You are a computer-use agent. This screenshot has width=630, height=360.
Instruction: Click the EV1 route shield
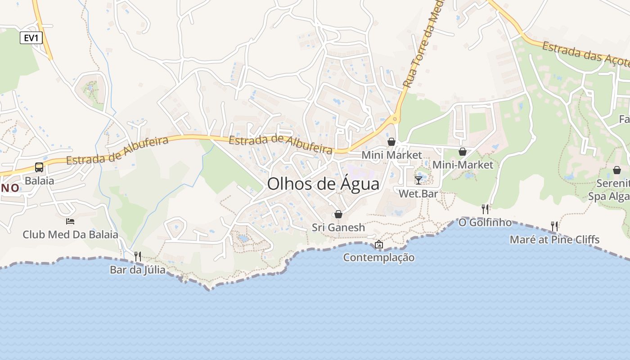31,38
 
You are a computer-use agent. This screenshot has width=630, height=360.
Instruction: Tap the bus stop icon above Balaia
39,167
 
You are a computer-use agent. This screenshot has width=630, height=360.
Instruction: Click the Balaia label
40,181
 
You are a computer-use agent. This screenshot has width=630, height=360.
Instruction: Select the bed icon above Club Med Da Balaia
70,221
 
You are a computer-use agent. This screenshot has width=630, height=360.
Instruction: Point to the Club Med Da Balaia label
71,234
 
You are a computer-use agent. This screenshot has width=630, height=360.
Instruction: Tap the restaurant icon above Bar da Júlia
138,256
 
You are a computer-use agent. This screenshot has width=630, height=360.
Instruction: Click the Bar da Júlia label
138,270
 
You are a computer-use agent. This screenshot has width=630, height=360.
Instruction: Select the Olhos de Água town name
323,184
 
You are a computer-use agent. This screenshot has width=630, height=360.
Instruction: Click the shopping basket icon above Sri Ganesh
338,214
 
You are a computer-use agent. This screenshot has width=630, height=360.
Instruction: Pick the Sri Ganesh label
338,227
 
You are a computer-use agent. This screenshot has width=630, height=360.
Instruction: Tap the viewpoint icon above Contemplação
379,244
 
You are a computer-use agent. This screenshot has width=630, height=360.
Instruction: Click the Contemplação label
379,257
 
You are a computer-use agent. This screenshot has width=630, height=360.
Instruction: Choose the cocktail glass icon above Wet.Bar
418,180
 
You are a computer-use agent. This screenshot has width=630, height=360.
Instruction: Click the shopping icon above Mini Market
391,142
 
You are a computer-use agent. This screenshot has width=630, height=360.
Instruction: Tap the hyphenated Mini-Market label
463,165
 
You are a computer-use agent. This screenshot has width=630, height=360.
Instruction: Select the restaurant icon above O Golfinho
485,209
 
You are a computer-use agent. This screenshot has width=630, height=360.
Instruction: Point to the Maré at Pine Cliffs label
554,239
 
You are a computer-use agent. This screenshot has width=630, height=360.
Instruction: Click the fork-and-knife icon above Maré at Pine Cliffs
554,226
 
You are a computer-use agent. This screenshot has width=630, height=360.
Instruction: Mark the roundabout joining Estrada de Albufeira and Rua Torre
395,119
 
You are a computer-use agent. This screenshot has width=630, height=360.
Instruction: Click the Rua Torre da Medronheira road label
421,49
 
